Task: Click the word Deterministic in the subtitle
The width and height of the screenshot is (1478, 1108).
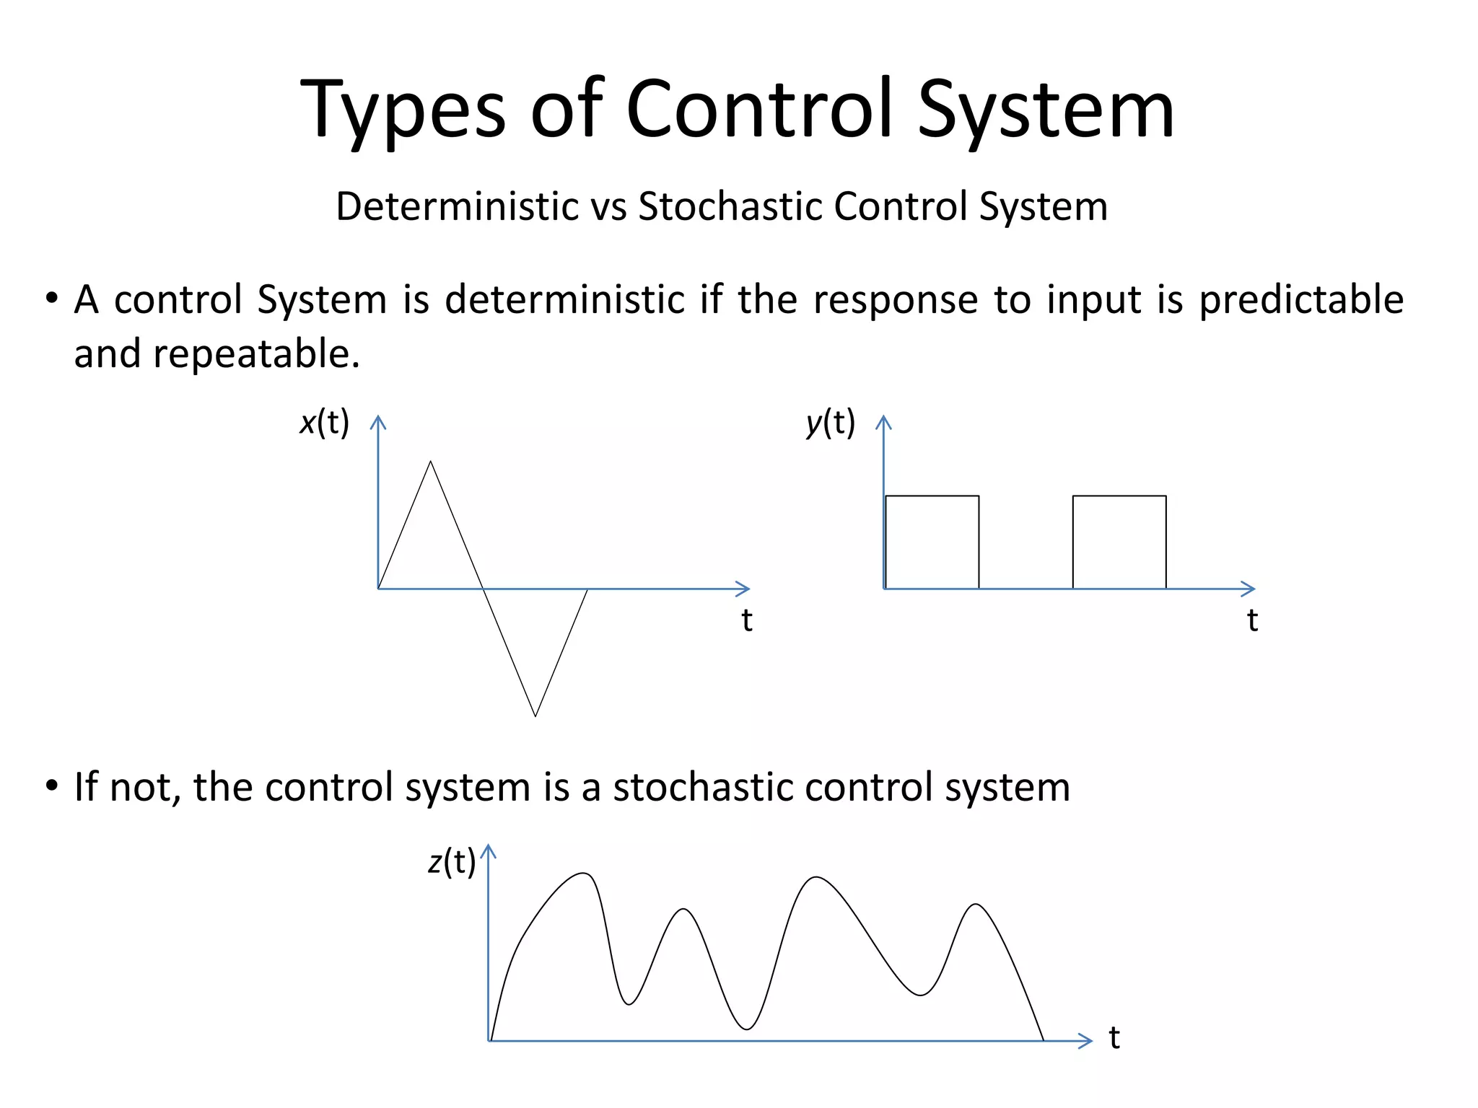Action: [x=458, y=206]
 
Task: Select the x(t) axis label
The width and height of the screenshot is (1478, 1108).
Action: [x=324, y=423]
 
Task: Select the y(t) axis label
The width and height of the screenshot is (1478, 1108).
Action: [x=831, y=423]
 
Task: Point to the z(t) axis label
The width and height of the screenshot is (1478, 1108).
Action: [x=452, y=861]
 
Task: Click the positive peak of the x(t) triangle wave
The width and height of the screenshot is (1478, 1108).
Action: [x=431, y=462]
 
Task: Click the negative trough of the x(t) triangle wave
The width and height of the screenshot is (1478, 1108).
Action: [x=535, y=715]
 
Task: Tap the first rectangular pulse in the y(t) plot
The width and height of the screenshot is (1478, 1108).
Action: [x=932, y=542]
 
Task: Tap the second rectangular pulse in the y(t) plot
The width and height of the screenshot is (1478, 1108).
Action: [x=1119, y=542]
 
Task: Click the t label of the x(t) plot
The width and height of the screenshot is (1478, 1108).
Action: [x=747, y=620]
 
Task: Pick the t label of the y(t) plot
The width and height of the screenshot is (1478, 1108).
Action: [x=1253, y=620]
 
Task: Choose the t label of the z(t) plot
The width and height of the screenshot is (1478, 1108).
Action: [x=1114, y=1038]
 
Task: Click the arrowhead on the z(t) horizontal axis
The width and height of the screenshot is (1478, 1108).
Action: [x=1087, y=1040]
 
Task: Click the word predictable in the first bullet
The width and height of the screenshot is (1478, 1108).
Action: [x=1301, y=300]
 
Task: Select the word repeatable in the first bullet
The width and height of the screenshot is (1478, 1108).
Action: [x=255, y=354]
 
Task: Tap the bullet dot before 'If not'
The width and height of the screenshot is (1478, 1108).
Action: [x=51, y=786]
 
